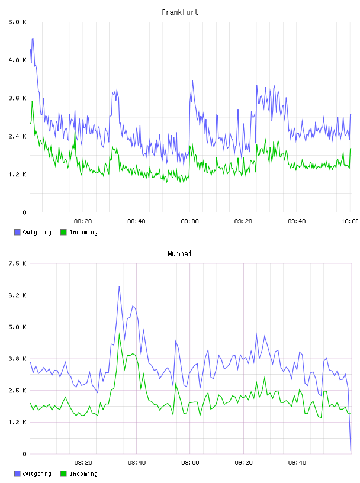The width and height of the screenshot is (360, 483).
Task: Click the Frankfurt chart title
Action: [180, 12]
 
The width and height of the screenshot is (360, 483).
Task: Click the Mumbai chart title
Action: [179, 254]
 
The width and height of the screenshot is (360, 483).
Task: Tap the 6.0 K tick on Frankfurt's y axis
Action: [17, 22]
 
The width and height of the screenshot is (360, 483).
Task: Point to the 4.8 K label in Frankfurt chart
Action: [17, 60]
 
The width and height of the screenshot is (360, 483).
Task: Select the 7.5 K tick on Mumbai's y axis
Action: [17, 263]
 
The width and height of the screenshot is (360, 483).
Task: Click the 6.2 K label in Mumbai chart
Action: [17, 295]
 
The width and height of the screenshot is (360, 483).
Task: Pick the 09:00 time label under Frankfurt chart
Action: [189, 221]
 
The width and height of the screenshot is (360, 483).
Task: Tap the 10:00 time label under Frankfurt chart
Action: [350, 221]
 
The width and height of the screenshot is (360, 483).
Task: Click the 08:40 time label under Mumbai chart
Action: [137, 462]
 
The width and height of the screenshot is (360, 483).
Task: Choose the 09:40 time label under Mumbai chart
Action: [297, 462]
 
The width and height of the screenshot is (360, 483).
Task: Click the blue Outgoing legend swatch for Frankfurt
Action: [17, 232]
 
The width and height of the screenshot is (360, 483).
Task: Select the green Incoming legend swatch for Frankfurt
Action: [63, 232]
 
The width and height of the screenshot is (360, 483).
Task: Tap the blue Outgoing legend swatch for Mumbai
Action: [17, 474]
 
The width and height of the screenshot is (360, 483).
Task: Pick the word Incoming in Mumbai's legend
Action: [83, 474]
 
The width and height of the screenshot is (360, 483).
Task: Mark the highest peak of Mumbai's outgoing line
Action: [119, 286]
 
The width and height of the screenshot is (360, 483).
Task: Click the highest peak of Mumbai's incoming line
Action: [119, 334]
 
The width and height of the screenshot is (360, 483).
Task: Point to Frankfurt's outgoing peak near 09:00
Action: [192, 80]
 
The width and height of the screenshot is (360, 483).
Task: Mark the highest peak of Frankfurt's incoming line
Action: [32, 101]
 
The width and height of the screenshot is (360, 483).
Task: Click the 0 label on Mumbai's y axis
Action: [24, 454]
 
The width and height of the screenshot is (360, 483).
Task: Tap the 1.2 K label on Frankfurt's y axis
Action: [17, 175]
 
